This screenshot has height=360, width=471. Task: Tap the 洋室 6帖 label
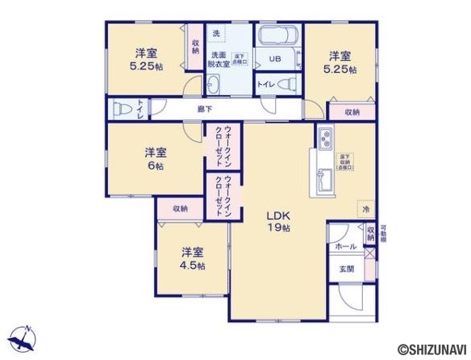pos(156,158)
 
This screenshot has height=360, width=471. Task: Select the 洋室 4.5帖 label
pos(192,257)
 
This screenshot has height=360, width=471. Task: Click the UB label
pos(274,59)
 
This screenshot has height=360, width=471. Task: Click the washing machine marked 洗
pos(215,34)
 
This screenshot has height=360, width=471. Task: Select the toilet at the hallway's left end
pos(122,108)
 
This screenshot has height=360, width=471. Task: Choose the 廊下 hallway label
pos(206,108)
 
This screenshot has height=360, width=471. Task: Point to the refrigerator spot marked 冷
pos(365,209)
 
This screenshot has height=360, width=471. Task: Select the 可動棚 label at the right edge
pos(383,234)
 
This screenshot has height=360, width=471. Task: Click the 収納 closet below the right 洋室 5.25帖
pos(352,112)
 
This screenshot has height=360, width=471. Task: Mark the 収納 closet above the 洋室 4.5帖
pos(179,208)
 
